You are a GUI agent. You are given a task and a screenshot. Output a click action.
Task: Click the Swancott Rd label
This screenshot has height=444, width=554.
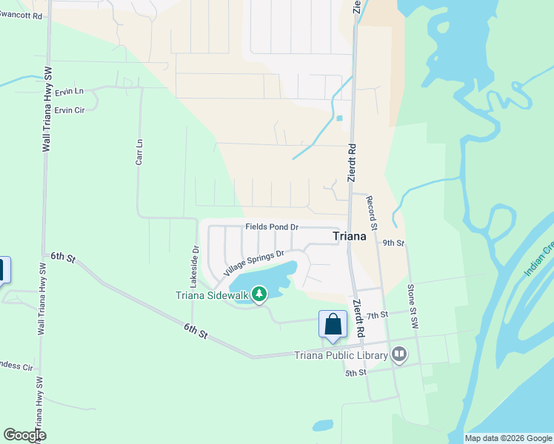21,16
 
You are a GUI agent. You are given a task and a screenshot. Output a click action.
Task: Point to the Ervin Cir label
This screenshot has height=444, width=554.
70,110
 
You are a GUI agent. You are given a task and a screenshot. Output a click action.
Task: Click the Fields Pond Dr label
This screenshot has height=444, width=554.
272,226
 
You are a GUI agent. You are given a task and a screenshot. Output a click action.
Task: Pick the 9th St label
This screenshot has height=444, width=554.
393,243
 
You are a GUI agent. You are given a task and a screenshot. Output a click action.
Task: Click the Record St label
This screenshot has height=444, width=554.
372,212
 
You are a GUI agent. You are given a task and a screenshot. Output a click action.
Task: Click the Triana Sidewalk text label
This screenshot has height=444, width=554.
212,296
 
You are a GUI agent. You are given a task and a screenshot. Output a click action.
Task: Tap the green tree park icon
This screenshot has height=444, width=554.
258,295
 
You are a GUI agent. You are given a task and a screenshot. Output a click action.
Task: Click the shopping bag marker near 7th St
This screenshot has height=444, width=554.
333,324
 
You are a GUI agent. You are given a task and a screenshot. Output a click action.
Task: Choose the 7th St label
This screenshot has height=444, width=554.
377,316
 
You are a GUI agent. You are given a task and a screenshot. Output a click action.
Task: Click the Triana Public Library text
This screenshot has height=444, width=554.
341,355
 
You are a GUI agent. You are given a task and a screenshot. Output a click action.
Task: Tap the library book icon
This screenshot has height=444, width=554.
399,354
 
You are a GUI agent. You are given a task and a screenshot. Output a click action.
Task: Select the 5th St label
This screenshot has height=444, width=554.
356,372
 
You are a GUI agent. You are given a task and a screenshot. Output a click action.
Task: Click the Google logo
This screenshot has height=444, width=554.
25,435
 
